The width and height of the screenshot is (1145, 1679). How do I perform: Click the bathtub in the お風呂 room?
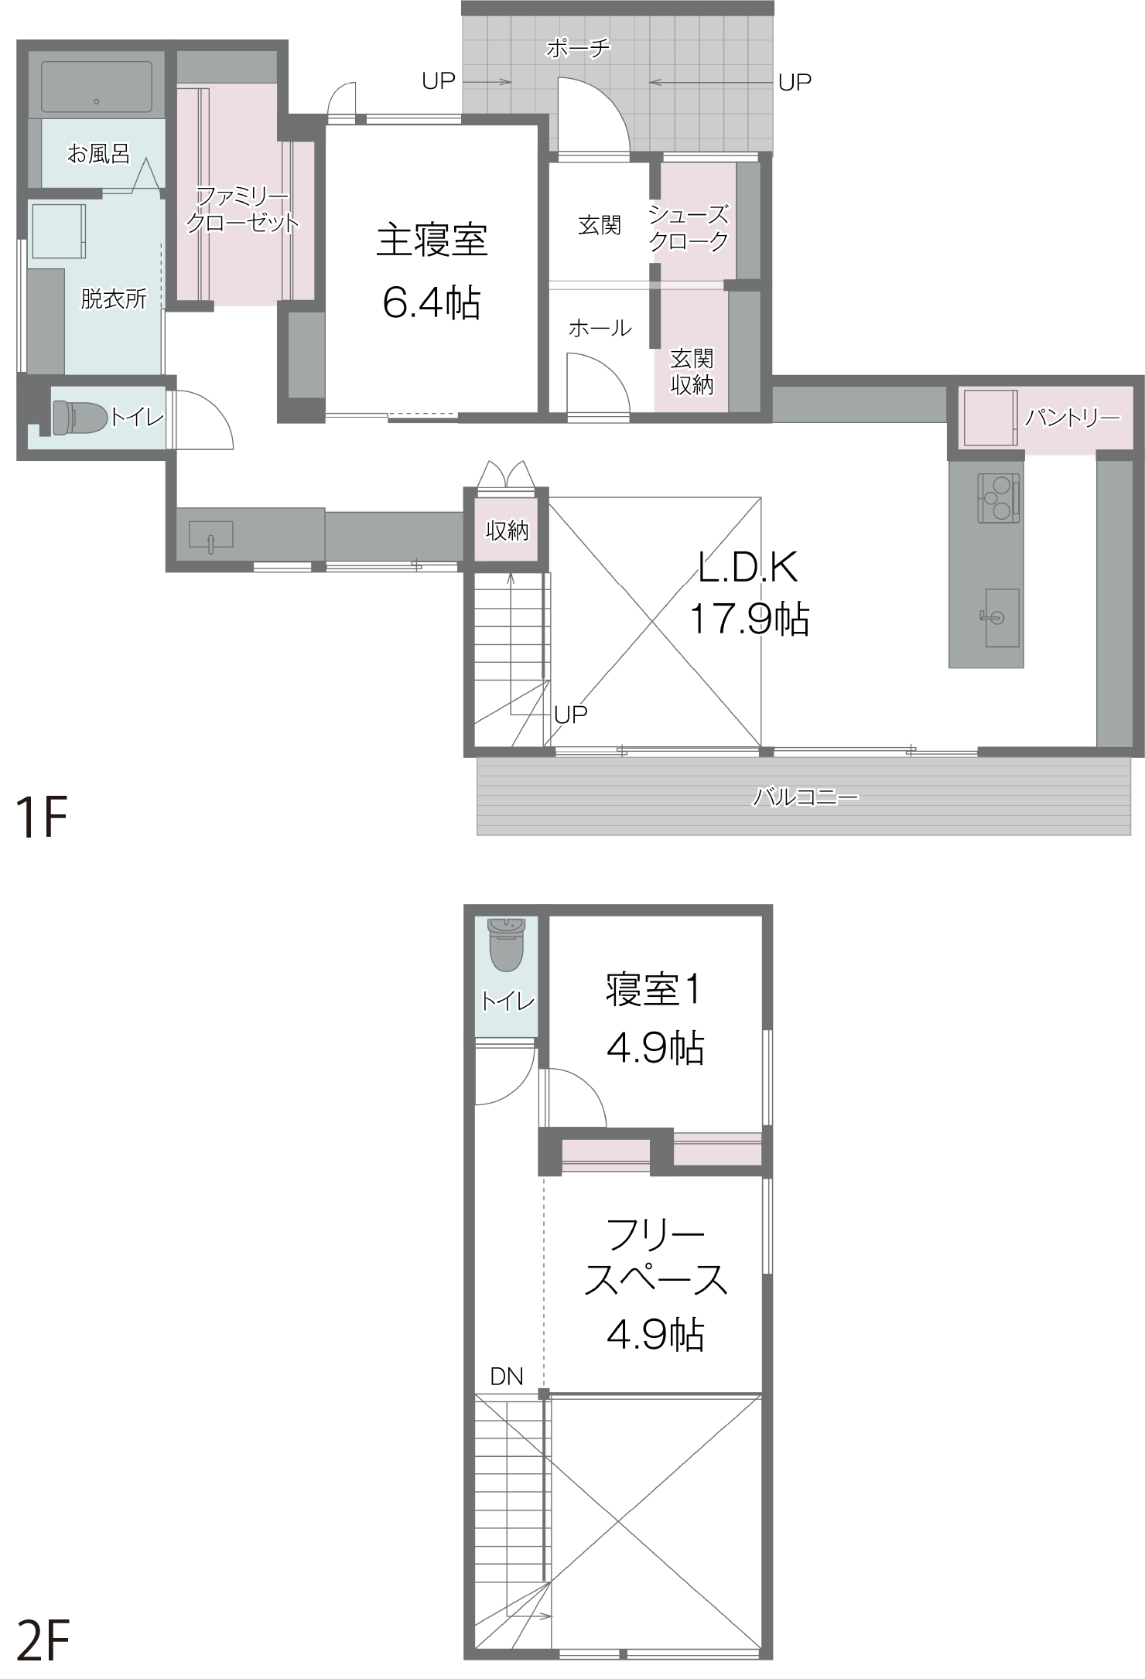tap(97, 87)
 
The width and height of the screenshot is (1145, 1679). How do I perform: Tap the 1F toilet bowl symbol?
tap(79, 418)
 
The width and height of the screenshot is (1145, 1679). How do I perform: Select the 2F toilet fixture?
tap(507, 944)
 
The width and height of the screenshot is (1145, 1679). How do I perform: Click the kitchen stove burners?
tap(998, 497)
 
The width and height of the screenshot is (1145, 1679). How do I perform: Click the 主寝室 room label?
tap(432, 240)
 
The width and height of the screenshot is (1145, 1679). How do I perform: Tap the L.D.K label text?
tap(748, 568)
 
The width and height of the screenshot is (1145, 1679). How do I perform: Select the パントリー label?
tap(1072, 418)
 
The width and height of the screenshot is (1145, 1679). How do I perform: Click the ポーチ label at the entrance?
tap(578, 49)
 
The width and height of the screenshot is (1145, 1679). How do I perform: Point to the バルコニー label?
tap(805, 796)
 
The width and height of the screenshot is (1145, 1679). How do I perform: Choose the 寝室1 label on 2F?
tap(654, 990)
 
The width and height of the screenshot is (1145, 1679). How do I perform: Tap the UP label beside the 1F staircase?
tap(571, 715)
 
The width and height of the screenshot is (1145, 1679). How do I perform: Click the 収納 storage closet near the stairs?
tap(507, 530)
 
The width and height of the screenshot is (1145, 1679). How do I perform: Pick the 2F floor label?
tap(43, 1641)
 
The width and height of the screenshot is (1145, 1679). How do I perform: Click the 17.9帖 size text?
tap(749, 619)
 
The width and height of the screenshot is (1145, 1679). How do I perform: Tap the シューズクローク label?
tap(689, 228)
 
